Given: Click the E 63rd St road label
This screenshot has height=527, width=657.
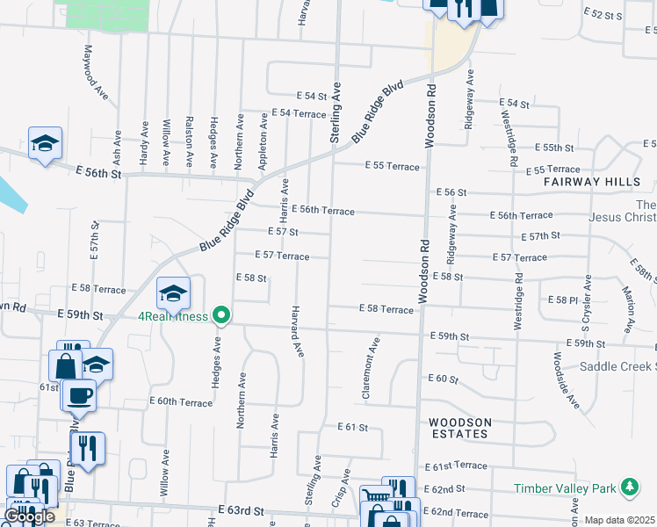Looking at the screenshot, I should click(x=241, y=510).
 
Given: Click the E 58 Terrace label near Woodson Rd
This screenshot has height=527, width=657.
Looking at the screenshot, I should click(x=386, y=309).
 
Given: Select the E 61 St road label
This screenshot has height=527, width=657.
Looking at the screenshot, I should click(x=353, y=427).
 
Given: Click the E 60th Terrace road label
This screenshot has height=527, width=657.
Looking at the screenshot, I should click(x=181, y=402).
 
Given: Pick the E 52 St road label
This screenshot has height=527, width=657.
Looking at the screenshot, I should click(x=603, y=15).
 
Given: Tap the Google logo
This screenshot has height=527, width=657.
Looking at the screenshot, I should click(x=29, y=516).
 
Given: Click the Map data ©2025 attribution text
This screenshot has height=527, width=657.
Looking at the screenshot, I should click(x=619, y=520).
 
